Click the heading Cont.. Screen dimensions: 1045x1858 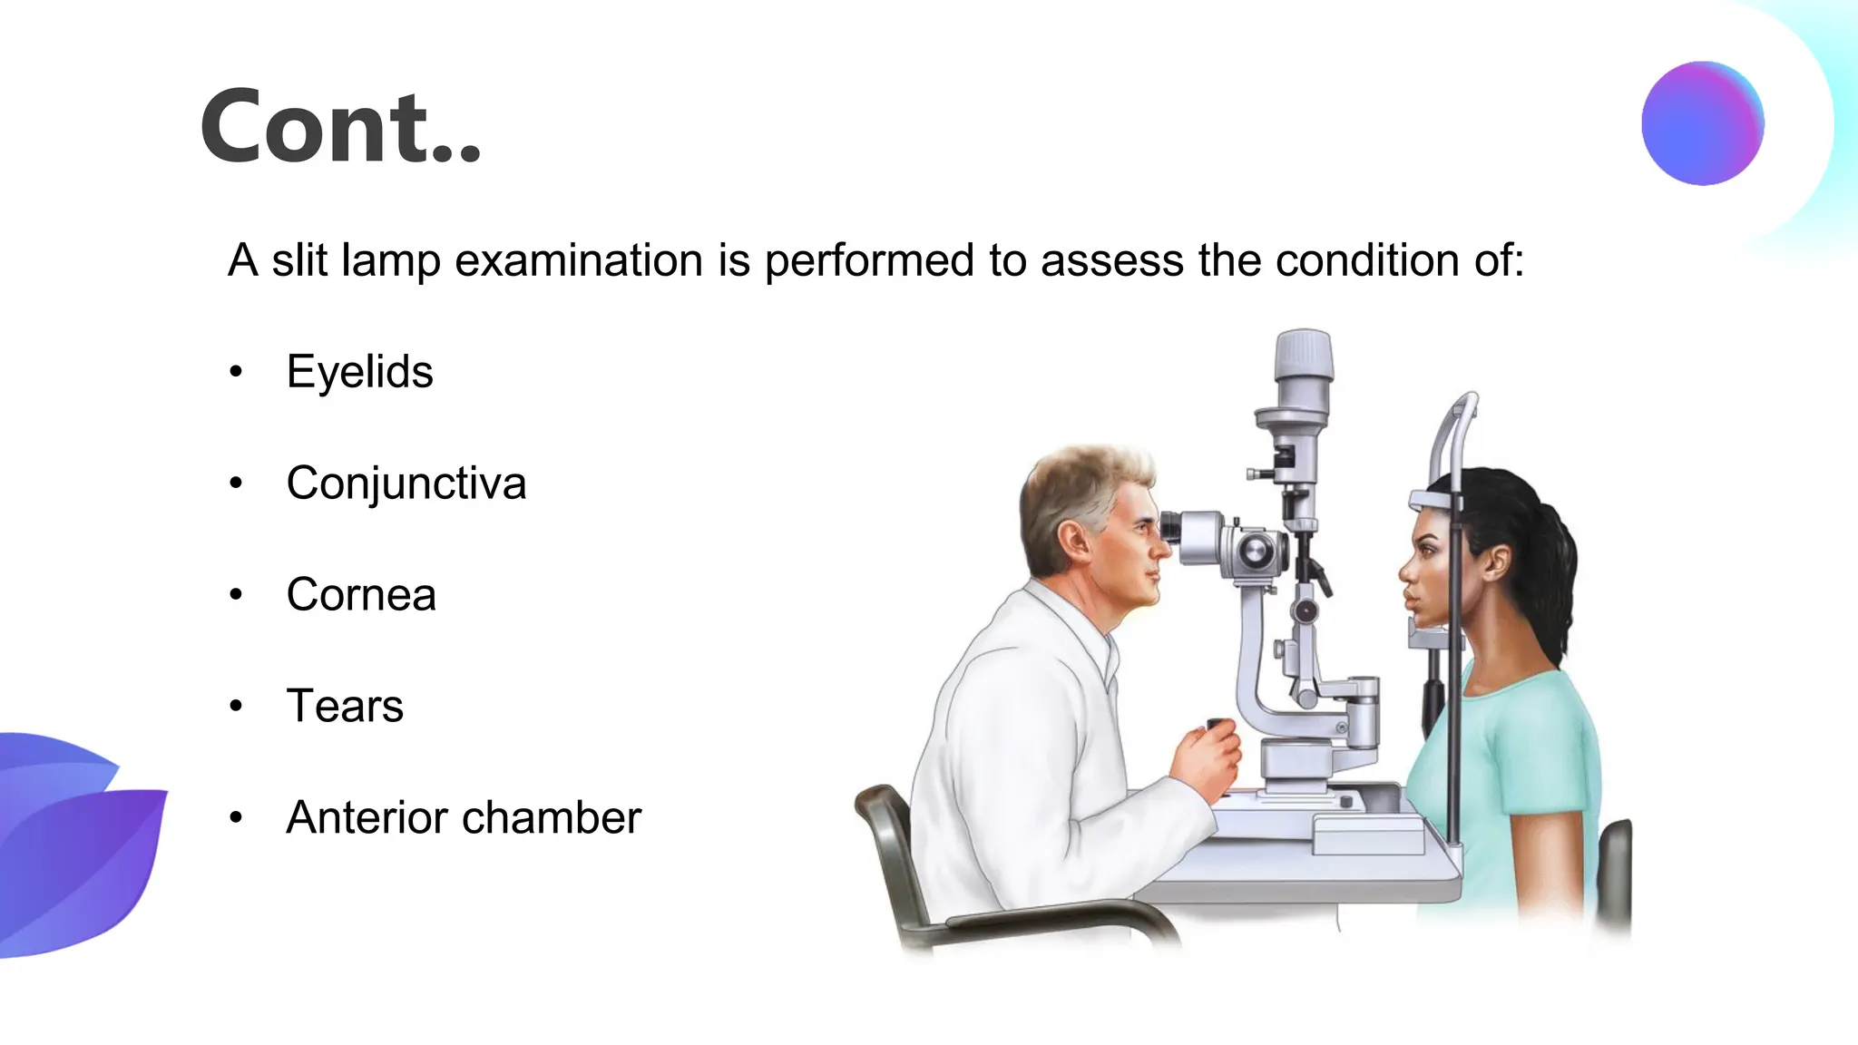[x=340, y=127]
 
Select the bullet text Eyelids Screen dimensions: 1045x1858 [x=359, y=372]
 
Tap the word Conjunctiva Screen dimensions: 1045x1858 [x=406, y=483]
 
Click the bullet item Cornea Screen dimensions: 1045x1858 [x=361, y=595]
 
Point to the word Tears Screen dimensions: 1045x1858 [x=345, y=707]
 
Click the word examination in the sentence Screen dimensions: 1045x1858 [x=579, y=261]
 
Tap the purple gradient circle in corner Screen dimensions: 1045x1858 [x=1702, y=123]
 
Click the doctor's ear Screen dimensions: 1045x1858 [x=1075, y=542]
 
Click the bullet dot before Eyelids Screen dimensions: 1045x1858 [x=236, y=372]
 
